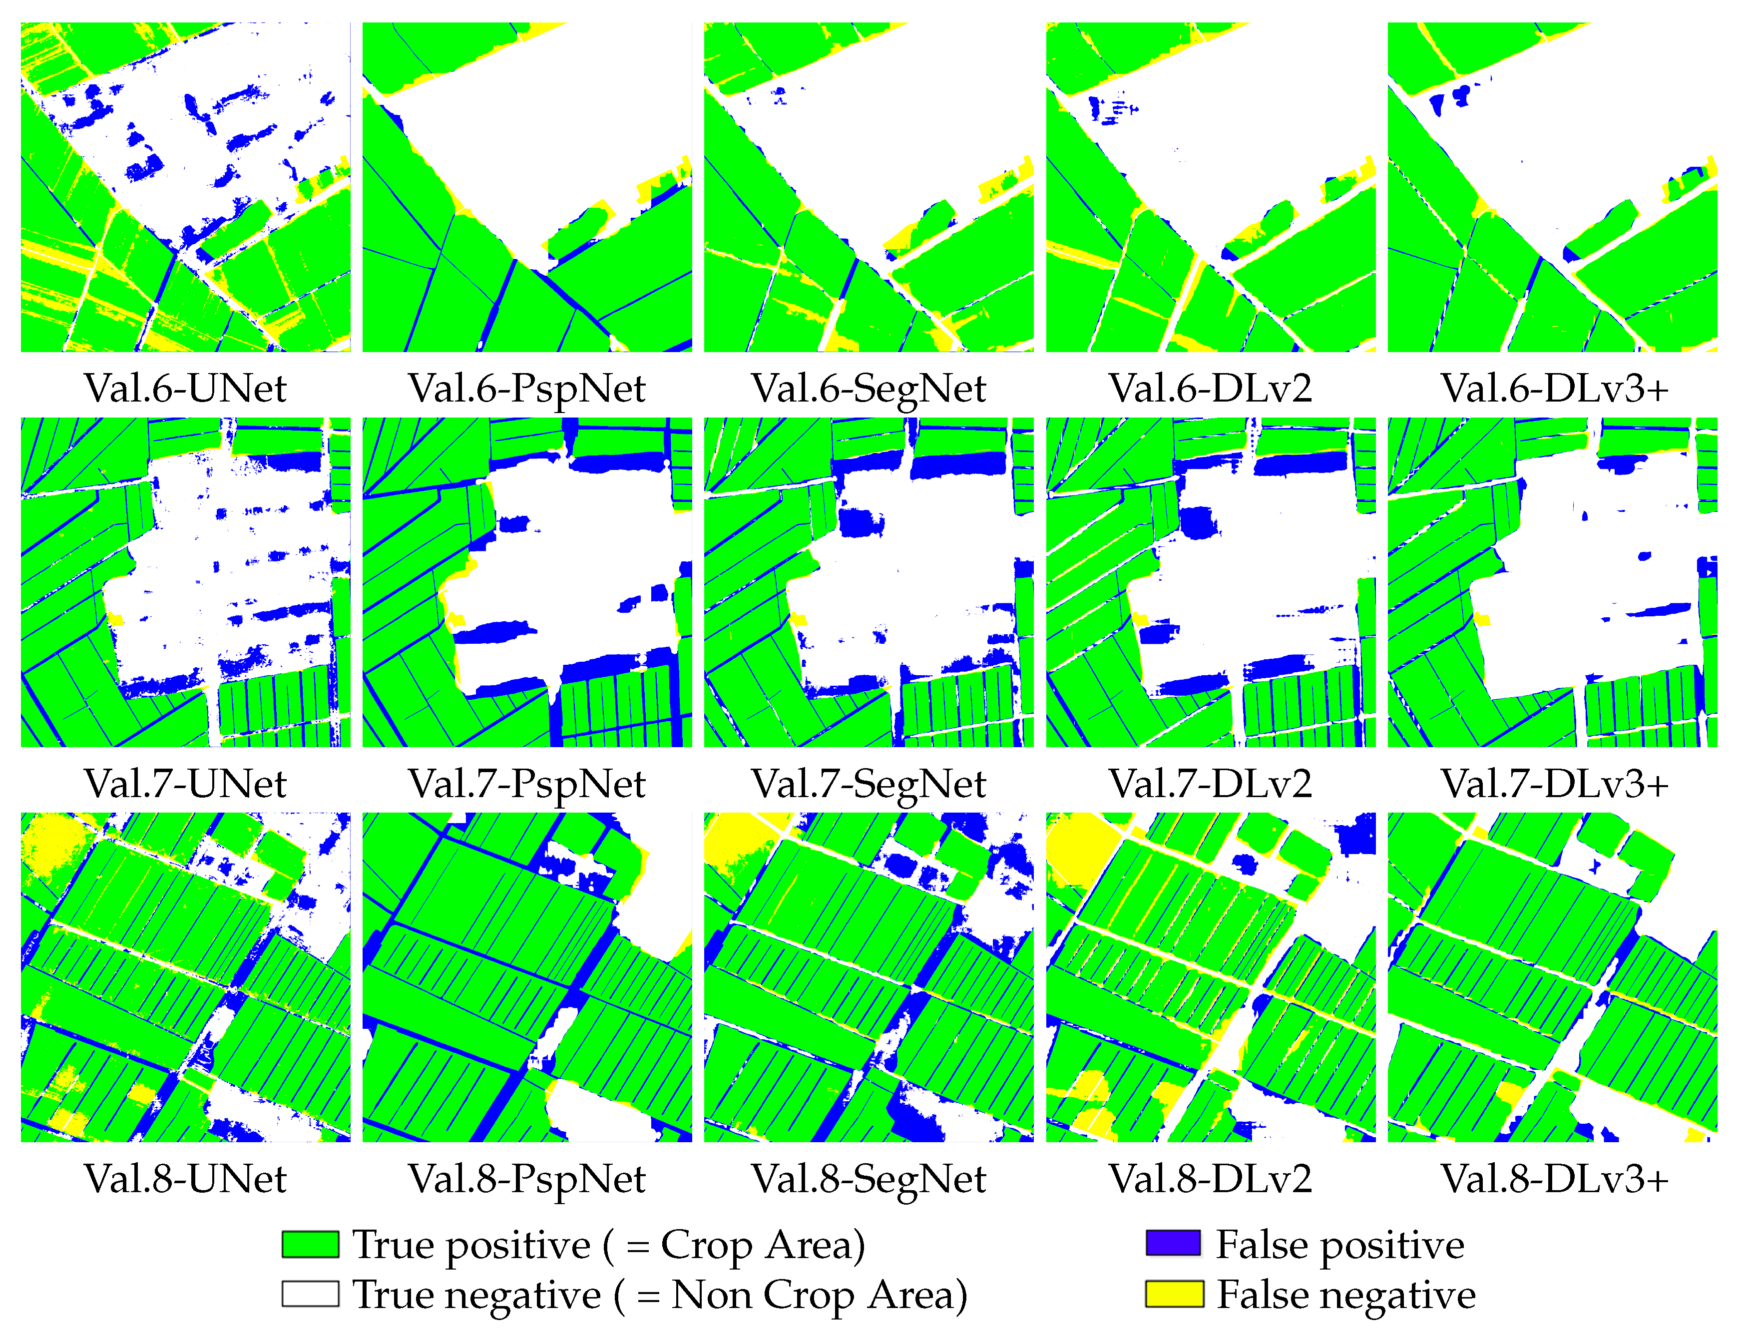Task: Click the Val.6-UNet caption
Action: click(x=185, y=389)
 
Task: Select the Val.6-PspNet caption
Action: click(x=526, y=389)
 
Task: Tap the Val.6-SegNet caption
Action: click(x=869, y=389)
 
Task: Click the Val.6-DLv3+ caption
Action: click(x=1554, y=389)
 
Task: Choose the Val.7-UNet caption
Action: click(x=185, y=784)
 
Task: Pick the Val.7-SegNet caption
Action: click(x=869, y=784)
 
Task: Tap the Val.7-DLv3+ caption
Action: click(x=1554, y=784)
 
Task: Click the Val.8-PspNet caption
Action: click(x=526, y=1179)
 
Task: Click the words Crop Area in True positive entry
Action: click(x=762, y=1245)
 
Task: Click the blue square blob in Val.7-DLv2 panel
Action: click(x=1199, y=522)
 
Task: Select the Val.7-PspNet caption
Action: click(x=526, y=784)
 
